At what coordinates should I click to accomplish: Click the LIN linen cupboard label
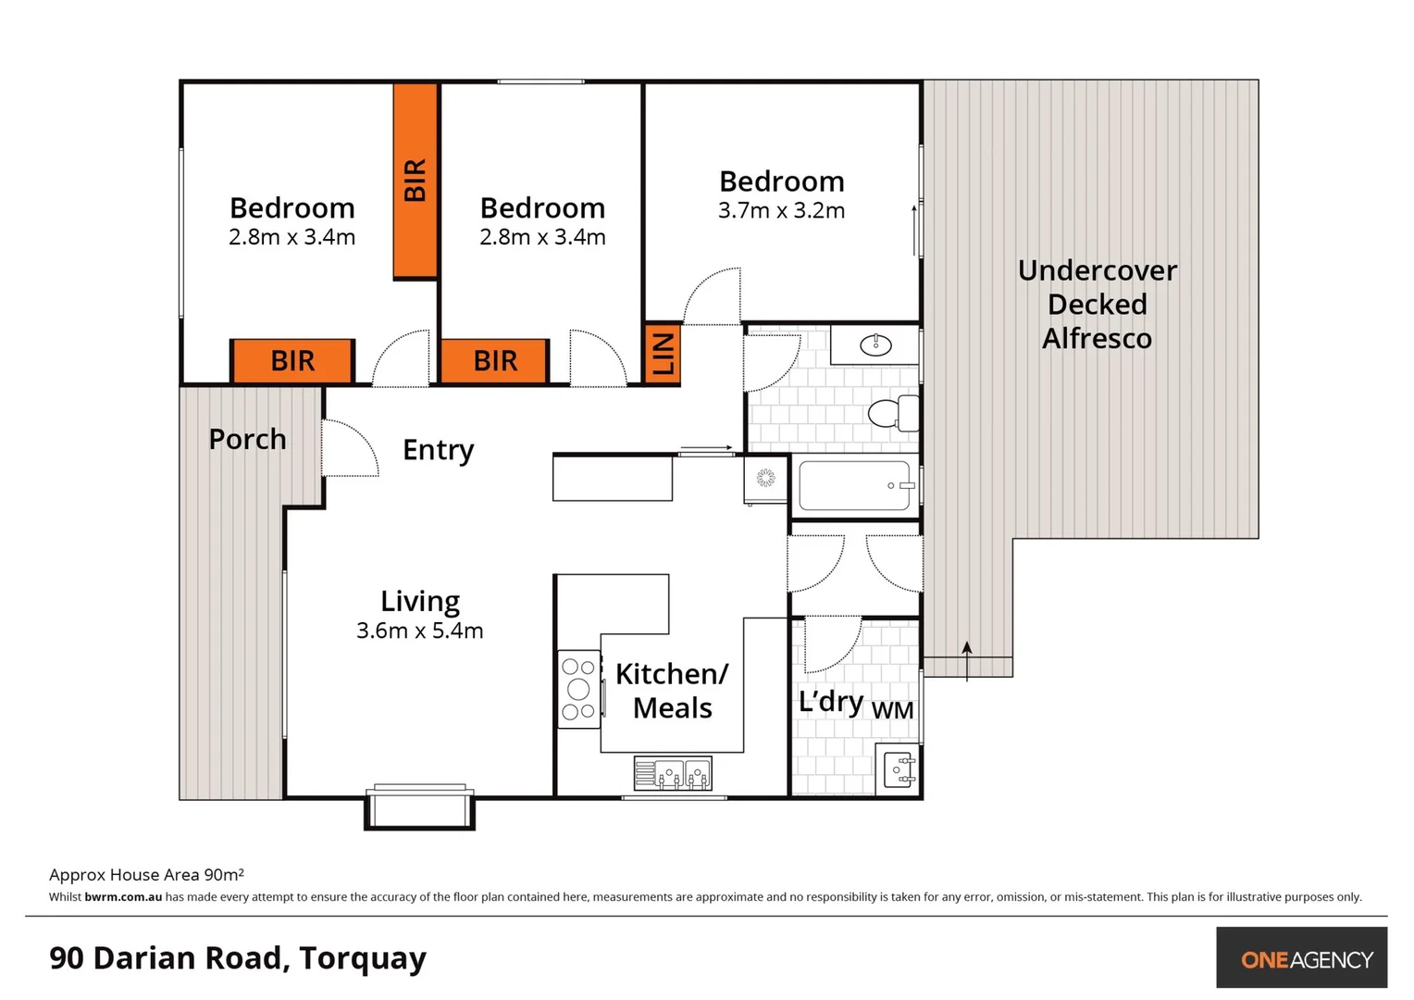(x=663, y=354)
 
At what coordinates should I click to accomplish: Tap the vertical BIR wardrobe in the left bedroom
(x=415, y=181)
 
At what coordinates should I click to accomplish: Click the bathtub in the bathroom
(x=854, y=485)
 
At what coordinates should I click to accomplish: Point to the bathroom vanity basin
(x=875, y=345)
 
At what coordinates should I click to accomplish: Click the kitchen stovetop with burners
(x=578, y=689)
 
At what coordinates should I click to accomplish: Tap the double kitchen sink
(x=673, y=773)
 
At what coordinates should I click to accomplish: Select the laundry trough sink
(x=899, y=769)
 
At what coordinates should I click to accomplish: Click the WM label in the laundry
(x=892, y=710)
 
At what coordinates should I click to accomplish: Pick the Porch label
(x=247, y=439)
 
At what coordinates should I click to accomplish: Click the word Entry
(x=438, y=450)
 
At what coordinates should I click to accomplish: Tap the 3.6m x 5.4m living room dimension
(x=419, y=631)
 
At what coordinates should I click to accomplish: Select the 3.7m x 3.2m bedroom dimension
(x=781, y=211)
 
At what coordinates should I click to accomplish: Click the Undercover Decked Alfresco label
(x=1097, y=305)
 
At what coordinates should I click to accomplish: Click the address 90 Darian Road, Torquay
(x=238, y=957)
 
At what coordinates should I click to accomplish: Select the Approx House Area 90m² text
(x=146, y=874)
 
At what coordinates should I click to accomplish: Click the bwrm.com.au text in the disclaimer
(x=123, y=896)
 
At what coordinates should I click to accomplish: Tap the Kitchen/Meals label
(x=672, y=691)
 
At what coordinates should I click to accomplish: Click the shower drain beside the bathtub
(x=765, y=478)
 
